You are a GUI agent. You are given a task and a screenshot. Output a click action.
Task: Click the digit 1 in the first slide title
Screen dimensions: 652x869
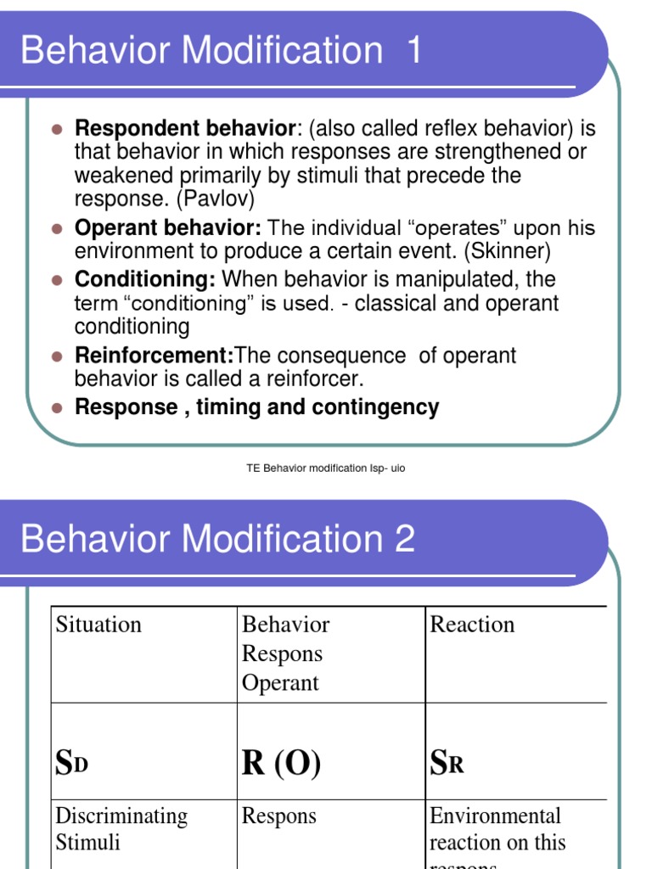tap(413, 51)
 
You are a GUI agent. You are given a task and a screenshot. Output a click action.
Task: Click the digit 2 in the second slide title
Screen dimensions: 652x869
tap(403, 539)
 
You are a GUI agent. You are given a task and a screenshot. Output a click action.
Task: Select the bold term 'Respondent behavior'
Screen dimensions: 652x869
tap(184, 129)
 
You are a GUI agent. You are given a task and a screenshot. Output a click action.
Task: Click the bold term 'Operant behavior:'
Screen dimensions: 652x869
tap(168, 228)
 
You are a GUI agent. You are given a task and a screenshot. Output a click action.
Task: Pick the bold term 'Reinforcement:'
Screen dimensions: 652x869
tap(155, 356)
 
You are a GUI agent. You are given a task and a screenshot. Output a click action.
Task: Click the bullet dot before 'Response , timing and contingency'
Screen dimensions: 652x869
tap(58, 408)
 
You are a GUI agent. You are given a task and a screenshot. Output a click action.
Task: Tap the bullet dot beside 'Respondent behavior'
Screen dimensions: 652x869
tap(58, 130)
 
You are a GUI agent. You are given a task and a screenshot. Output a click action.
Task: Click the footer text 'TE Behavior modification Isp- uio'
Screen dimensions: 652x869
tap(326, 468)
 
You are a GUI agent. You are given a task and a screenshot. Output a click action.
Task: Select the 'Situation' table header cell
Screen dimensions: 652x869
tap(98, 625)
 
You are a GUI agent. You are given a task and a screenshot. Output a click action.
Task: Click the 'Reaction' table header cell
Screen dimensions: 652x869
tap(472, 625)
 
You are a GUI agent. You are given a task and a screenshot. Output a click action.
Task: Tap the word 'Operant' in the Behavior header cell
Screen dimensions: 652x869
tap(280, 683)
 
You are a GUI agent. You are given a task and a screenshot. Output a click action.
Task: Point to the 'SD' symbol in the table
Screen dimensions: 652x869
tap(72, 764)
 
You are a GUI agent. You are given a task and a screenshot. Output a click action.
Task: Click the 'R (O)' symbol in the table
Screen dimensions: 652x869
tap(281, 764)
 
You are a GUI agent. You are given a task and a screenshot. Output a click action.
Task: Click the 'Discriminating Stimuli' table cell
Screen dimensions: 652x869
tap(121, 829)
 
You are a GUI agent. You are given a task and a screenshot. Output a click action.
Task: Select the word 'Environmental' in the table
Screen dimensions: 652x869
tap(496, 816)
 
